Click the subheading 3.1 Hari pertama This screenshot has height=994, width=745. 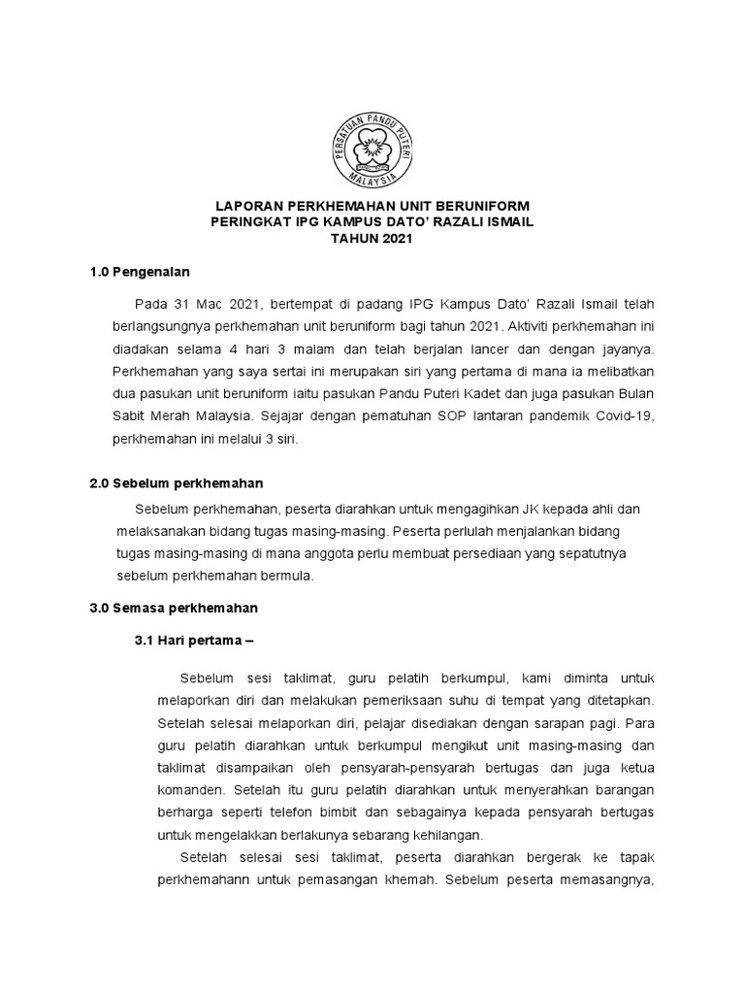click(x=193, y=642)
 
